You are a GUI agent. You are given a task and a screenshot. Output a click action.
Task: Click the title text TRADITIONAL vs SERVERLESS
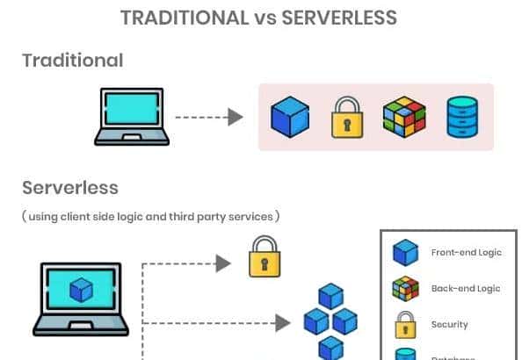[260, 18]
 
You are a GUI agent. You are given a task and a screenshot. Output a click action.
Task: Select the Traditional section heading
[72, 60]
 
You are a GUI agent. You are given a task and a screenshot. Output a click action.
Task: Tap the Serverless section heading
[69, 188]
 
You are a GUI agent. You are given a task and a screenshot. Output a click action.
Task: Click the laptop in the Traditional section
[132, 116]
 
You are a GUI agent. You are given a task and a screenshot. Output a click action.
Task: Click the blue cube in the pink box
[289, 117]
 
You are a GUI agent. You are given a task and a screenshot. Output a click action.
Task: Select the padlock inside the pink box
[347, 118]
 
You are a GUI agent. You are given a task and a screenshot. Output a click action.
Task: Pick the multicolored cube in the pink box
[404, 117]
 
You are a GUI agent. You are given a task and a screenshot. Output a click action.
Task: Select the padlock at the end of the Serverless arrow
[265, 256]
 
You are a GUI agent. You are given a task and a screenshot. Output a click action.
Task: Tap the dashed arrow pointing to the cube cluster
[215, 323]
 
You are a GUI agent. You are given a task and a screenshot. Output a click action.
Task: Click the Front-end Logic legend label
[466, 252]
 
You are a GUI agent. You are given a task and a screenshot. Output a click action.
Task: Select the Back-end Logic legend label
[466, 288]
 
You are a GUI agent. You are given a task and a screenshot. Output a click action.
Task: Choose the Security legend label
[449, 325]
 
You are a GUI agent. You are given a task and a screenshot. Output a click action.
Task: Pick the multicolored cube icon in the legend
[405, 289]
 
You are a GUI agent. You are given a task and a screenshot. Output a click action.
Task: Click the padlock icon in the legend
[405, 324]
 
